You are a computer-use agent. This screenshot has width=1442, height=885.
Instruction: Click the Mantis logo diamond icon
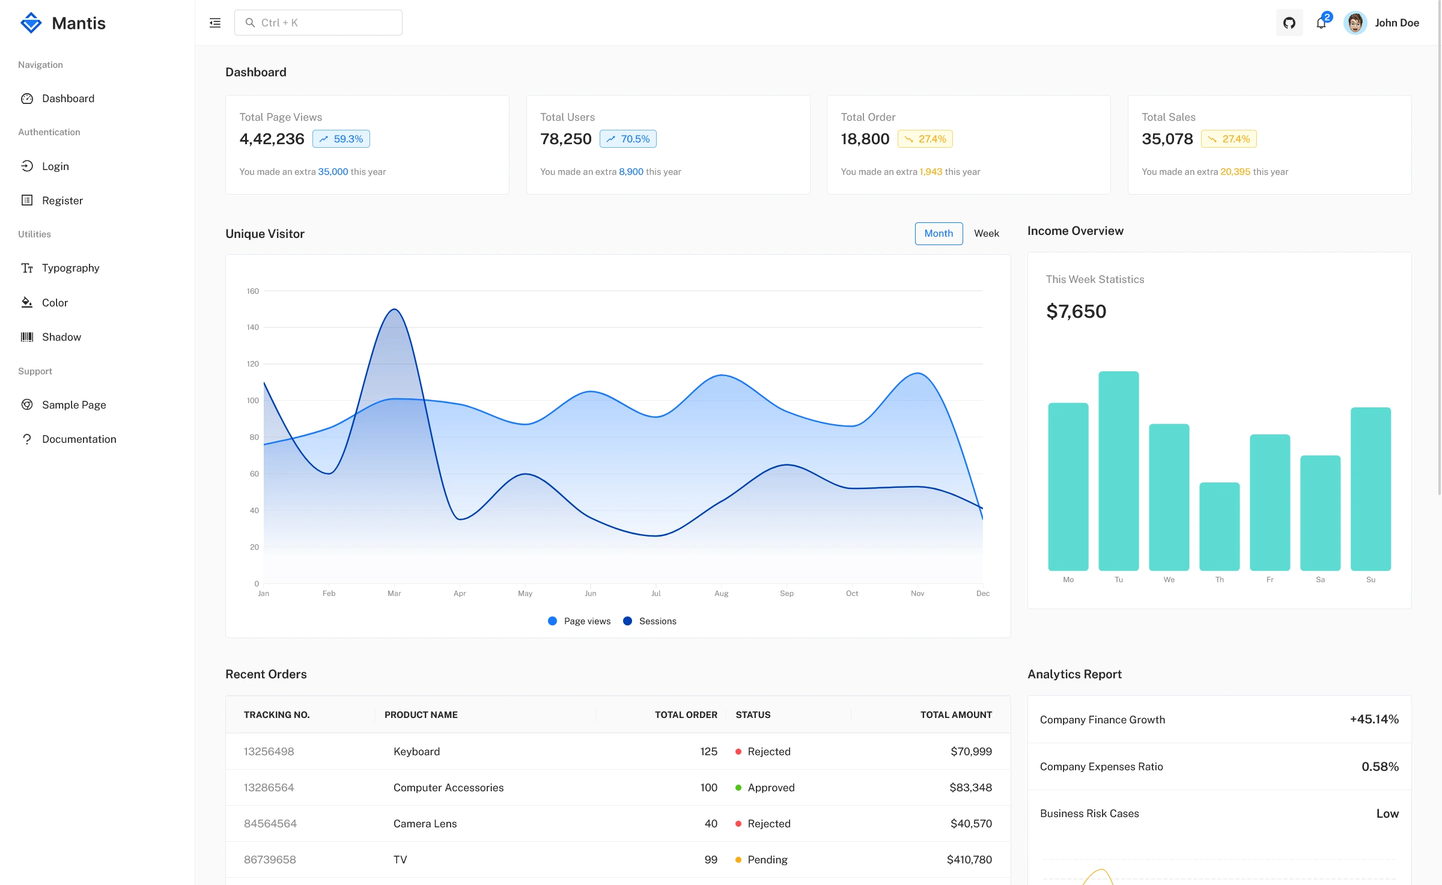(x=31, y=23)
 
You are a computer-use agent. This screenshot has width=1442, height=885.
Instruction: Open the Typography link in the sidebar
(x=70, y=268)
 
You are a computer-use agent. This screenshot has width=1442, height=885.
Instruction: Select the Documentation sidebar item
(x=79, y=439)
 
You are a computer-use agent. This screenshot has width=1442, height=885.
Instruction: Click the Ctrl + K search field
(x=318, y=23)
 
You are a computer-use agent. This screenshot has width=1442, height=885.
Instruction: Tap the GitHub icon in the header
(x=1289, y=23)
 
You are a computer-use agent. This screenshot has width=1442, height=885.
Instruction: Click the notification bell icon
(x=1321, y=23)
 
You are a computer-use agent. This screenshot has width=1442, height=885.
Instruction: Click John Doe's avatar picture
(x=1355, y=23)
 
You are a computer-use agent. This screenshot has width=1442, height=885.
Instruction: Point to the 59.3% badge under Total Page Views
(x=341, y=139)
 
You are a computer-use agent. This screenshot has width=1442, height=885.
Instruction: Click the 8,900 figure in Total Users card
(x=631, y=172)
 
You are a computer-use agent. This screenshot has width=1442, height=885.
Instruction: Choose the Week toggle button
(x=986, y=234)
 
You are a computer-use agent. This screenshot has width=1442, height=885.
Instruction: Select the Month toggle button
(x=939, y=234)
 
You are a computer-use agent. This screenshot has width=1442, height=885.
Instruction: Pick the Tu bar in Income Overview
(x=1118, y=471)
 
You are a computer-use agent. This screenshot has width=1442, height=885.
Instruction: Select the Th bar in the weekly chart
(x=1219, y=526)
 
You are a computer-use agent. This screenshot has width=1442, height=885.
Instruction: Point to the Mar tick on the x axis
(x=394, y=594)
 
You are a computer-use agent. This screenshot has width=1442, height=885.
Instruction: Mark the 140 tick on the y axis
(x=252, y=327)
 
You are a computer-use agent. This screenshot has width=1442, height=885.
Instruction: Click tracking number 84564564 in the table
(x=270, y=824)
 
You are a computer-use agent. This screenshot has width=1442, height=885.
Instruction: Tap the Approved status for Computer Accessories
(x=771, y=788)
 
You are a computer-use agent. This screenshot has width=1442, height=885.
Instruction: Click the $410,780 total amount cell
(x=969, y=860)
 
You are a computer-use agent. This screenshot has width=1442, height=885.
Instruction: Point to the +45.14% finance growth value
(x=1374, y=719)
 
